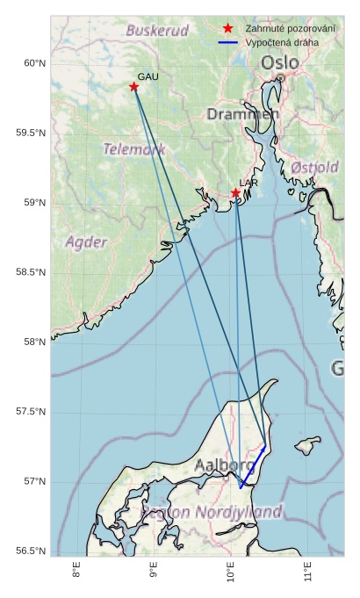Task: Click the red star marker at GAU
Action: click(x=133, y=86)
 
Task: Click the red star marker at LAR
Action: click(x=235, y=192)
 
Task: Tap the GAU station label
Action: click(x=148, y=76)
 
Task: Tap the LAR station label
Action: click(x=248, y=183)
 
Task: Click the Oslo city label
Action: click(x=279, y=63)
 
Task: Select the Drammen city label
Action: click(x=243, y=114)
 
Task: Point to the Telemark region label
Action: click(x=134, y=149)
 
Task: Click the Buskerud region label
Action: click(x=157, y=31)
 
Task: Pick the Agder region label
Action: click(x=86, y=241)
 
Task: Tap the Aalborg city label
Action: click(x=225, y=464)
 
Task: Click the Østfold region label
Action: click(x=314, y=167)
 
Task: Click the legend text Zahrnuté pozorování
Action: click(x=291, y=29)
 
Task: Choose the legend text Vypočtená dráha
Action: click(x=283, y=42)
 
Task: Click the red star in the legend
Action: click(x=228, y=29)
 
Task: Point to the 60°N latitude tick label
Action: click(x=32, y=63)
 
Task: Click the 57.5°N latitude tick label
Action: click(x=29, y=412)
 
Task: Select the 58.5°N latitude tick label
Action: click(x=29, y=272)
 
